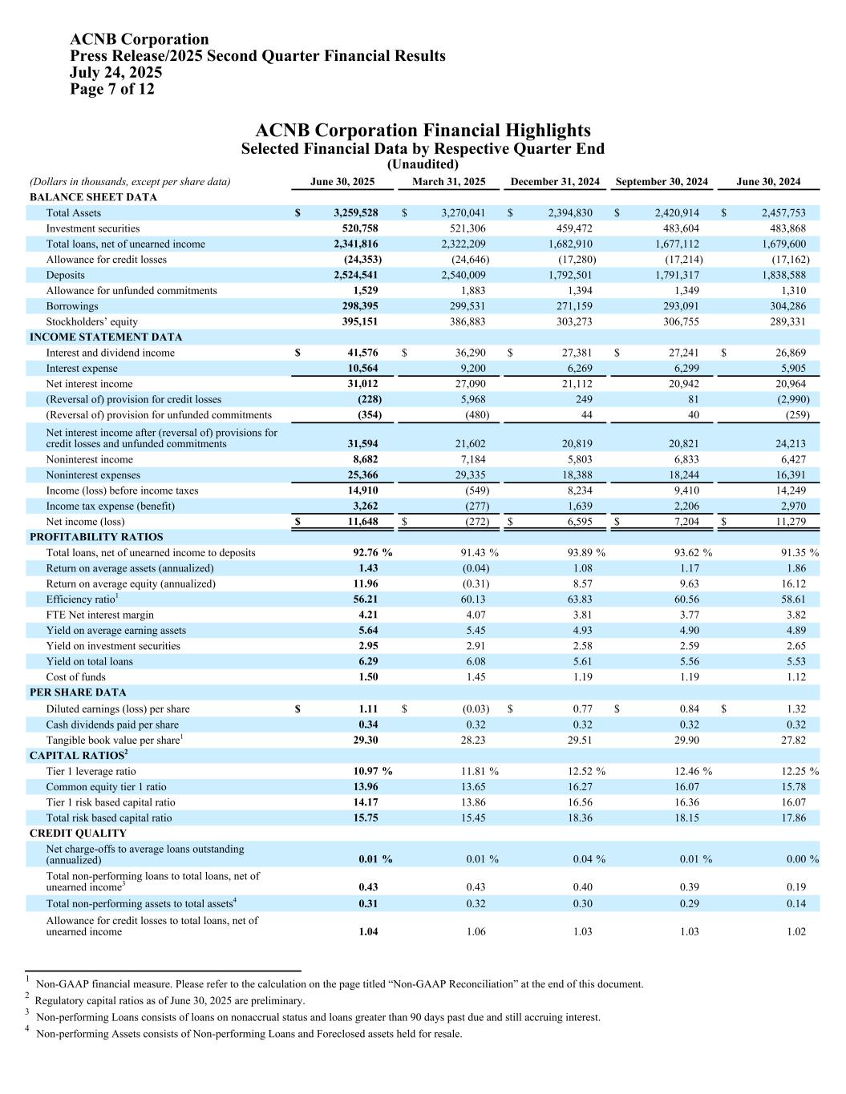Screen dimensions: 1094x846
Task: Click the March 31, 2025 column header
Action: click(x=448, y=182)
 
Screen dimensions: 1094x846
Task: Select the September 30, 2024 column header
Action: click(x=662, y=182)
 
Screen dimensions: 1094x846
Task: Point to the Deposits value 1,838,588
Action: click(x=783, y=275)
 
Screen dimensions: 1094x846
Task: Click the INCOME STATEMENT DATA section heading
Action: click(x=106, y=337)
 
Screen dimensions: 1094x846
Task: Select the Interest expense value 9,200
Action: click(x=469, y=369)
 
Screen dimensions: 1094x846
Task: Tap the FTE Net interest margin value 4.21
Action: click(x=368, y=615)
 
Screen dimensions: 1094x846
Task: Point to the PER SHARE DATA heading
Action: click(x=78, y=692)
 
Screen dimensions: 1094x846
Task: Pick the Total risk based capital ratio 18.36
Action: click(x=580, y=818)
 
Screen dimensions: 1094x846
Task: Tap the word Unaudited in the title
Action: click(x=423, y=164)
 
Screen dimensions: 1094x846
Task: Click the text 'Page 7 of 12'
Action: click(x=112, y=89)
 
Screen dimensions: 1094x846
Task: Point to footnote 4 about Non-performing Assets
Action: click(x=249, y=1034)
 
